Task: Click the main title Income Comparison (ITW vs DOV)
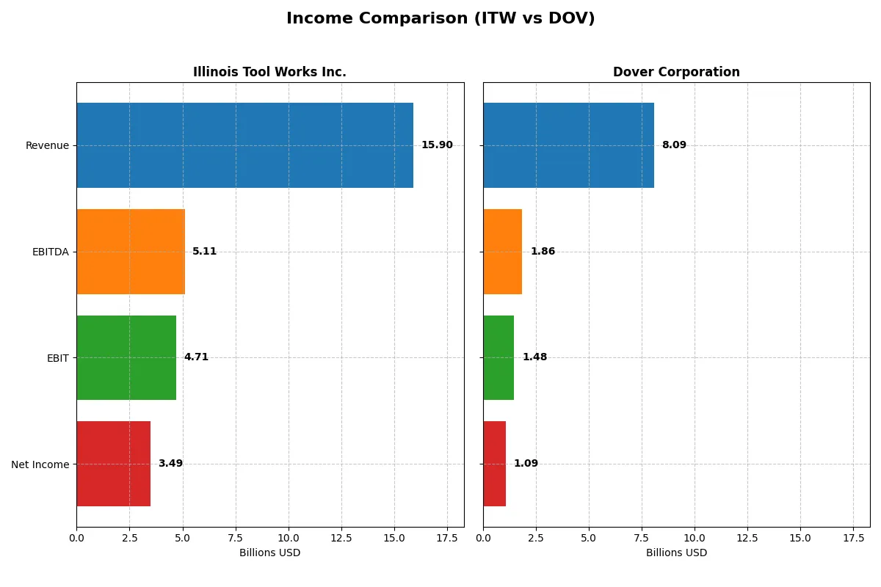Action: (440, 19)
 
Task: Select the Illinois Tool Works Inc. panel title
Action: (269, 72)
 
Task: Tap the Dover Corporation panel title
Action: (676, 72)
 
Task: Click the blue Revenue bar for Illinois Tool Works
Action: (244, 145)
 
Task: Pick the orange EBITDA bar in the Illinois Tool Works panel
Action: (131, 252)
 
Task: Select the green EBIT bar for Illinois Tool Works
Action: (126, 357)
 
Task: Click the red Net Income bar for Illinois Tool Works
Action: (113, 464)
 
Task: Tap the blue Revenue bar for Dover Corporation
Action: (568, 145)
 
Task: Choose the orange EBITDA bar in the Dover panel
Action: (502, 252)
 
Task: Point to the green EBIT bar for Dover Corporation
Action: (498, 357)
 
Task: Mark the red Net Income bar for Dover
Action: (494, 464)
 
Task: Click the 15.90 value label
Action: (437, 145)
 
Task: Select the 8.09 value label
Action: (674, 145)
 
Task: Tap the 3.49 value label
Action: (170, 464)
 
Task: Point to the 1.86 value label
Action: (543, 252)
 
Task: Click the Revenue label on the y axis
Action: (47, 145)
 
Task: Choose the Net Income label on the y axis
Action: (40, 464)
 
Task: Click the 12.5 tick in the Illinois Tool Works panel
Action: (341, 537)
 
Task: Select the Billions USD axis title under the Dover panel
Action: (676, 553)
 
